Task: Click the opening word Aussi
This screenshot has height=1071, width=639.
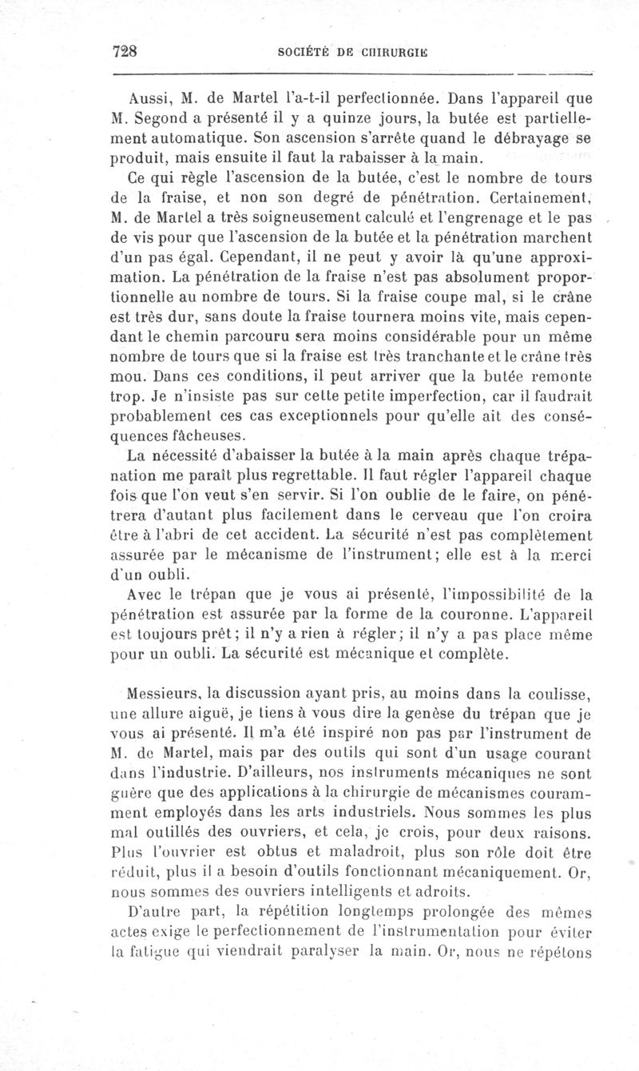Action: (x=148, y=102)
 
